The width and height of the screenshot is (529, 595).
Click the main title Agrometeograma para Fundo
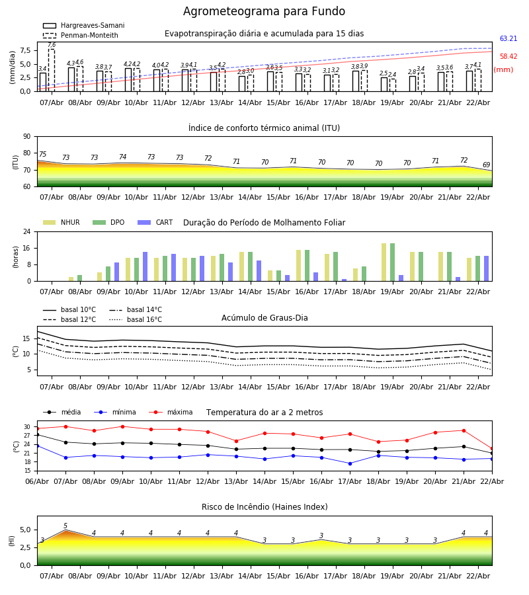pyautogui.click(x=264, y=12)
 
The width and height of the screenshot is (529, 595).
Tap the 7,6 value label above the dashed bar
pyautogui.click(x=52, y=45)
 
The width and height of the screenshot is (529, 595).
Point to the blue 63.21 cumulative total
pyautogui.click(x=508, y=39)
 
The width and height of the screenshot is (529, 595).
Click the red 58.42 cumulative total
pyautogui.click(x=508, y=57)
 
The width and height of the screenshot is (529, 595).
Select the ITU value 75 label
pyautogui.click(x=42, y=155)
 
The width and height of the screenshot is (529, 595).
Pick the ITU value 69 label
pyautogui.click(x=486, y=165)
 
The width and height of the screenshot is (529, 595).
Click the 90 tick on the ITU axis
pyautogui.click(x=26, y=136)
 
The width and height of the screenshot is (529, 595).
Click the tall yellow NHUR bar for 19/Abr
pyautogui.click(x=384, y=262)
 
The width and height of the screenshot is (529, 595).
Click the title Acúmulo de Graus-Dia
pyautogui.click(x=264, y=318)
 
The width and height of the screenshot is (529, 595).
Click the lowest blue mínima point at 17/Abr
pyautogui.click(x=350, y=463)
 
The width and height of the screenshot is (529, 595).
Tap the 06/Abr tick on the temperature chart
pyautogui.click(x=37, y=481)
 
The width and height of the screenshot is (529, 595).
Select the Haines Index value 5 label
pyautogui.click(x=65, y=526)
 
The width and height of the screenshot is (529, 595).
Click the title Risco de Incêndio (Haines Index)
pyautogui.click(x=264, y=507)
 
